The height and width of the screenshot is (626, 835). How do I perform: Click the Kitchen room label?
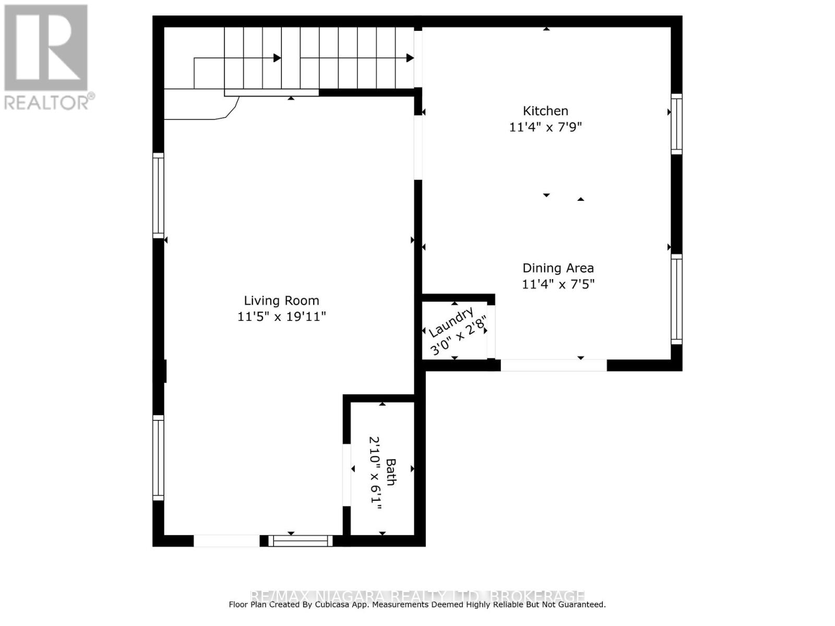545,111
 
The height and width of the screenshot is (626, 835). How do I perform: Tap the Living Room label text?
281,300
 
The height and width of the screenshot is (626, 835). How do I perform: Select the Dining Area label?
558,268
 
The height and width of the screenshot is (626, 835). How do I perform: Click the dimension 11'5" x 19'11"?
281,317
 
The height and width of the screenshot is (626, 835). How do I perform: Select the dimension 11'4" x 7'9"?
545,127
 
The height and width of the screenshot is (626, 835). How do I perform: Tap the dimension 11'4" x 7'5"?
558,284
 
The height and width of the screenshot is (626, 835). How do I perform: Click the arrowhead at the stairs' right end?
410,58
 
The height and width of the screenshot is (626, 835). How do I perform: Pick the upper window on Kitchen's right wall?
676,124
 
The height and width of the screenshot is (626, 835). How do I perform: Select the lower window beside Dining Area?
676,299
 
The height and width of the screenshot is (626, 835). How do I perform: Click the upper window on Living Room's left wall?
158,196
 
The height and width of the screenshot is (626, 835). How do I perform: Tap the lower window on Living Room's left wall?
158,458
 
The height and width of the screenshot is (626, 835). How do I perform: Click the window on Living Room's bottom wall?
301,541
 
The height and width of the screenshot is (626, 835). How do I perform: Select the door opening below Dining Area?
553,365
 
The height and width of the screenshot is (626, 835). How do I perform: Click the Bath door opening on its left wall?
347,475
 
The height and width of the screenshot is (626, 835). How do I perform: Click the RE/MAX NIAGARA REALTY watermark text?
417,595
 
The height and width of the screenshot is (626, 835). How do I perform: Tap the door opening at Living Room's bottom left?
226,541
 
